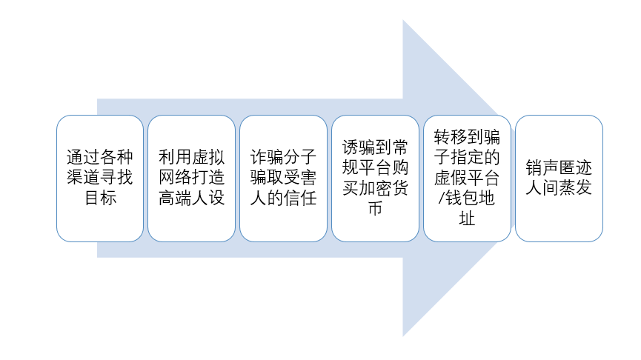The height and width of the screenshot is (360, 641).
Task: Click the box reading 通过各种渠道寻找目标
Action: (x=100, y=178)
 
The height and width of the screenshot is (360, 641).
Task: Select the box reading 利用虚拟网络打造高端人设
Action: (x=191, y=178)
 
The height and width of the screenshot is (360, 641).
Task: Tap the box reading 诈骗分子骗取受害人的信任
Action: (x=283, y=178)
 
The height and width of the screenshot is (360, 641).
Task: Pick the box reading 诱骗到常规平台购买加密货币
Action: (x=375, y=178)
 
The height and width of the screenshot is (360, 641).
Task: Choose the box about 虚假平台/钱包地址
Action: (x=467, y=178)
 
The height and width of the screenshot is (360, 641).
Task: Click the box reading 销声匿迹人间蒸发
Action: (x=559, y=178)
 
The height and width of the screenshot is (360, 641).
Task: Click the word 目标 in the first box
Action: (x=100, y=199)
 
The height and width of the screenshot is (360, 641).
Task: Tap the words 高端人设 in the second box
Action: (x=191, y=199)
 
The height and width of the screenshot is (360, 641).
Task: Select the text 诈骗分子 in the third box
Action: (x=283, y=157)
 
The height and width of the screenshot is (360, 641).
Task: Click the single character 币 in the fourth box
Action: (x=375, y=210)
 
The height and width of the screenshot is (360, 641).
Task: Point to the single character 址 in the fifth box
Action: (x=467, y=220)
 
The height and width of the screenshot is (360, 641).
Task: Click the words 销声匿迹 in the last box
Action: (x=559, y=167)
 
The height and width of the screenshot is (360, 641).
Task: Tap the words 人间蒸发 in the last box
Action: (x=559, y=189)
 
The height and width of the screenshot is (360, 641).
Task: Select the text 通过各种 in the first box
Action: (x=100, y=157)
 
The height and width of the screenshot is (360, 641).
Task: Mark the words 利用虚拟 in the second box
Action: (x=191, y=157)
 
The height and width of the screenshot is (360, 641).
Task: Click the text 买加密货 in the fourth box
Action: (x=375, y=189)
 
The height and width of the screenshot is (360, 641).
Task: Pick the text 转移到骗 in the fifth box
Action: (x=467, y=136)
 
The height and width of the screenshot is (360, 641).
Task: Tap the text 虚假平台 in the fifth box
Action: (x=467, y=179)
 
